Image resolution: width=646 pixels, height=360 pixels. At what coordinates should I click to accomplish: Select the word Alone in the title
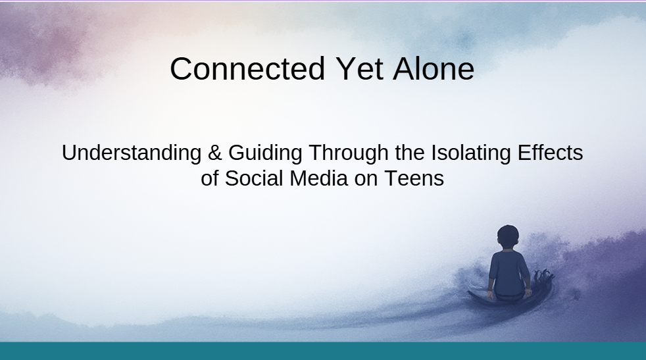click(434, 69)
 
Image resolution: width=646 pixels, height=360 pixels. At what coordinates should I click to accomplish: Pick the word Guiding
click(265, 153)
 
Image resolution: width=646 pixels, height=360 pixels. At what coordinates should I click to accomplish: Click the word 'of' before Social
click(210, 178)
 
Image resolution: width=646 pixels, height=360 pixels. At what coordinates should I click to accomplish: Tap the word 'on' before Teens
click(365, 178)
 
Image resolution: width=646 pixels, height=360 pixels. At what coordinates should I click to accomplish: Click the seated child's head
click(508, 236)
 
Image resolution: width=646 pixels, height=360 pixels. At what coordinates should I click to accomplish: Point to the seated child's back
click(507, 270)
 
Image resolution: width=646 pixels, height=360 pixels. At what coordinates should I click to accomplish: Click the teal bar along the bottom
click(323, 351)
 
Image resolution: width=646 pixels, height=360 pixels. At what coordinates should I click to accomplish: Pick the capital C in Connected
click(181, 69)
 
